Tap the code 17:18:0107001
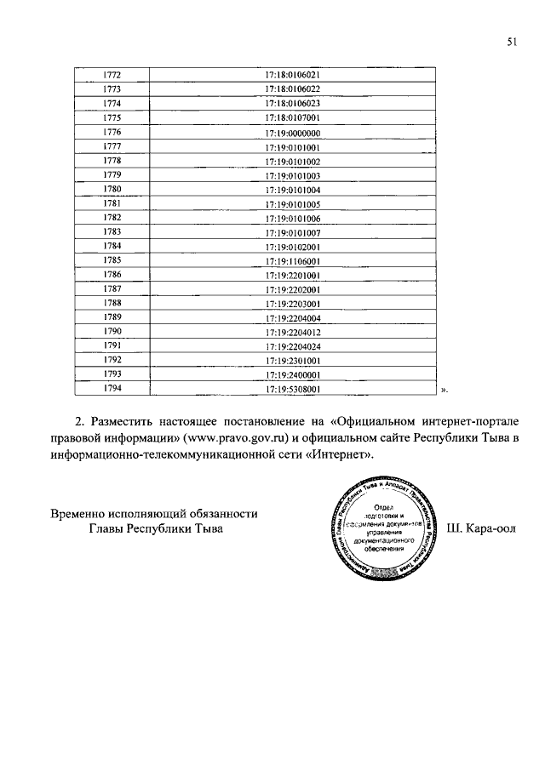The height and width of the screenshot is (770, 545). pos(292,117)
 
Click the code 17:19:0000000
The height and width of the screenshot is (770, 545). pos(292,133)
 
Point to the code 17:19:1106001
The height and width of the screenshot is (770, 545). pos(292,260)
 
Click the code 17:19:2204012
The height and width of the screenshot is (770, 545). pos(292,332)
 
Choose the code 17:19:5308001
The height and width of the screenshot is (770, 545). pos(292,389)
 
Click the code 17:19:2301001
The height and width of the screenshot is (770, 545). pos(292,361)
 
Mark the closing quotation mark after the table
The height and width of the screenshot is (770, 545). pos(444,391)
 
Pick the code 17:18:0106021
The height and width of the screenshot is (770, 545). pos(292,74)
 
